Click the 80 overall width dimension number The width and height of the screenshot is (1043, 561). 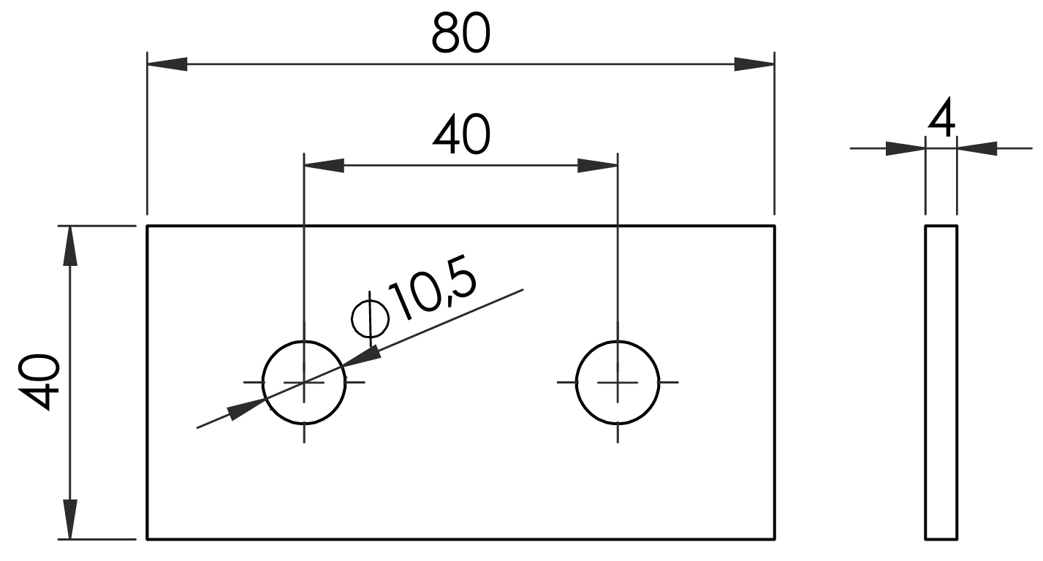(460, 33)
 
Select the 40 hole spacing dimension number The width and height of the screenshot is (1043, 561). (461, 134)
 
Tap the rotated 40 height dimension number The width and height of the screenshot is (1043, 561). (39, 382)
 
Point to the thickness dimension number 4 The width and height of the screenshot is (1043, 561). (941, 118)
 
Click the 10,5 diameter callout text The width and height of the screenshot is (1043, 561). (433, 289)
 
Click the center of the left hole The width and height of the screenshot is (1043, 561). (304, 382)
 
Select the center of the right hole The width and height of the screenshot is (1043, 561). (618, 382)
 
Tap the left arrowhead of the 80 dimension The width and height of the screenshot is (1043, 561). (167, 64)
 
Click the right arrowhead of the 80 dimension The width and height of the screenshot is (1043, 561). (754, 64)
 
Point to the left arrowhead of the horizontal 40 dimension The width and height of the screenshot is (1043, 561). (324, 165)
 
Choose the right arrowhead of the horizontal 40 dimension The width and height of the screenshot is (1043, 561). (597, 165)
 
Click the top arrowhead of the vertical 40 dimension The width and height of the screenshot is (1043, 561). (70, 245)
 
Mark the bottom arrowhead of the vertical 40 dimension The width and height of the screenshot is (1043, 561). (70, 519)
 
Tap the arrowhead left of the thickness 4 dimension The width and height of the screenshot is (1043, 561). (905, 148)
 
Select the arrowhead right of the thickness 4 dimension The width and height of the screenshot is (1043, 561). (977, 148)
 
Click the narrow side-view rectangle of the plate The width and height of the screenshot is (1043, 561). (941, 382)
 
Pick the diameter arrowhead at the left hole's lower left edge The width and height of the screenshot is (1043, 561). (246, 408)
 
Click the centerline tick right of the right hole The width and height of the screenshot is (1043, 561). (669, 382)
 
